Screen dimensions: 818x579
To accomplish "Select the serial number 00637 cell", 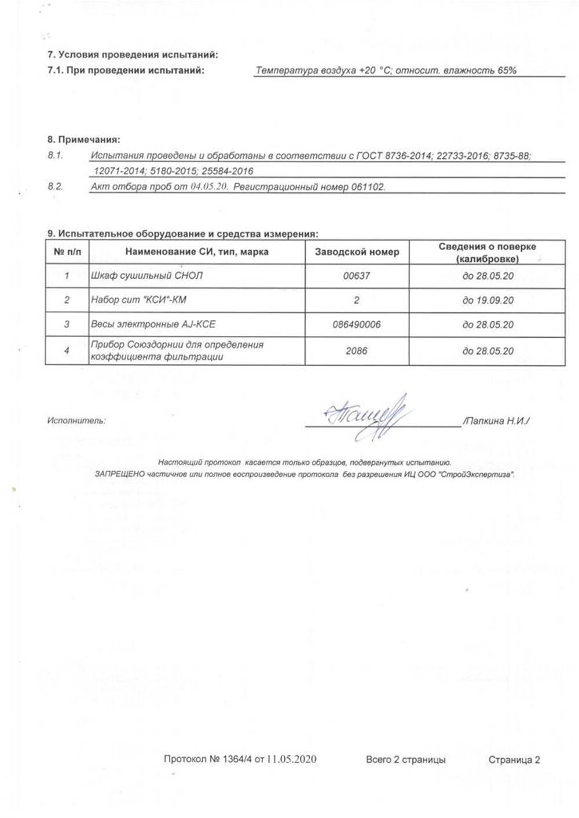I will pyautogui.click(x=356, y=276).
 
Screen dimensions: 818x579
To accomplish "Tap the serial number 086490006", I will pyautogui.click(x=356, y=325).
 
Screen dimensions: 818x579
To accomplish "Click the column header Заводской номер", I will pyautogui.click(x=357, y=252).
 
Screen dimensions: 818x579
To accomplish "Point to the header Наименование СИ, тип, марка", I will pyautogui.click(x=196, y=252).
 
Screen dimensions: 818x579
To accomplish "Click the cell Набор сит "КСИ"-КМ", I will pyautogui.click(x=139, y=301).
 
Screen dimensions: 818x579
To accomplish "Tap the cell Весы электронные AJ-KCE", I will pyautogui.click(x=153, y=325).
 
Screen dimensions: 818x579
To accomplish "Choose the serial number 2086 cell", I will pyautogui.click(x=356, y=351).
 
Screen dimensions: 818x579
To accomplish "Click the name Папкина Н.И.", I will pyautogui.click(x=496, y=422).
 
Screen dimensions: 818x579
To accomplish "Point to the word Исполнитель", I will pyautogui.click(x=76, y=421).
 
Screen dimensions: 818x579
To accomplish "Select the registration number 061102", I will pyautogui.click(x=368, y=188).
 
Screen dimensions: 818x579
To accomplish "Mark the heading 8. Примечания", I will pyautogui.click(x=83, y=140).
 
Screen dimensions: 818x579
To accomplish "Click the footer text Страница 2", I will pyautogui.click(x=514, y=760).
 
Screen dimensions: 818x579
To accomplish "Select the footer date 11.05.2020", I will pyautogui.click(x=292, y=760).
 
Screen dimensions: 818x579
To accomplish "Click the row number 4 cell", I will pyautogui.click(x=67, y=351).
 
